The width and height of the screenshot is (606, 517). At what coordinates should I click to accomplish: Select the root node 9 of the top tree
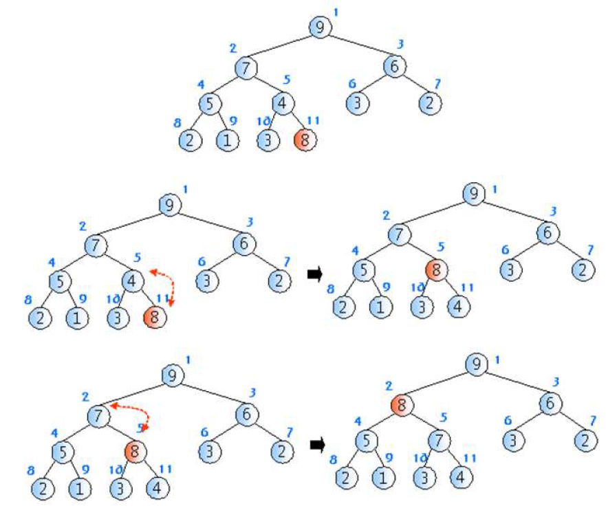pos(320,27)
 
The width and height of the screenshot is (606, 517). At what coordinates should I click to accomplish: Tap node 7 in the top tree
pos(245,67)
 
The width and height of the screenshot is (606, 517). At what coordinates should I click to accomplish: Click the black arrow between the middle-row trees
pos(315,274)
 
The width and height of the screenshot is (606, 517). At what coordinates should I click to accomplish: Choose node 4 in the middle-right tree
pos(459,306)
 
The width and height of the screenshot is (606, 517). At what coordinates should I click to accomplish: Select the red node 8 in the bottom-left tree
pos(135,451)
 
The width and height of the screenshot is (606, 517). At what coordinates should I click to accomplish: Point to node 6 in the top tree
pos(395,67)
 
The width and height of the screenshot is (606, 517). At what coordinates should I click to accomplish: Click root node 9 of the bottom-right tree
pos(475,364)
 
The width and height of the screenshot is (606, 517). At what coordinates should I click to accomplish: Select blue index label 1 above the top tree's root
pos(336,12)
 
